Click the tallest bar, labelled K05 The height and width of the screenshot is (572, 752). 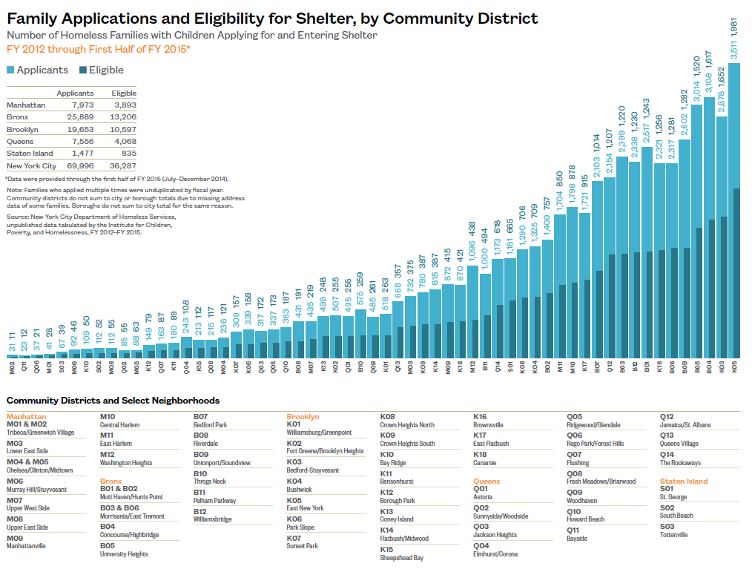click(x=734, y=223)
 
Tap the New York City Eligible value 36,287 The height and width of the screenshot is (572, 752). click(x=123, y=166)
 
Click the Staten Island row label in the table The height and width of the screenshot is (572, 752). click(x=28, y=154)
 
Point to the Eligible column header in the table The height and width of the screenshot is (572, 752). click(x=124, y=93)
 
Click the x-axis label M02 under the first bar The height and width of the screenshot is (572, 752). click(x=13, y=366)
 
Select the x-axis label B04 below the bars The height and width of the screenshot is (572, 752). click(x=709, y=366)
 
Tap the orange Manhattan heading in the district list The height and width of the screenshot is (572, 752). click(x=26, y=417)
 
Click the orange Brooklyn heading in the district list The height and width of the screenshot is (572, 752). click(x=303, y=417)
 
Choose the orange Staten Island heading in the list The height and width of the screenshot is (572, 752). click(x=684, y=481)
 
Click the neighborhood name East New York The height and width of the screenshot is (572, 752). click(x=305, y=508)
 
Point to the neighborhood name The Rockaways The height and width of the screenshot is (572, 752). click(x=680, y=463)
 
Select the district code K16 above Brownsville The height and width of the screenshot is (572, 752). click(x=480, y=417)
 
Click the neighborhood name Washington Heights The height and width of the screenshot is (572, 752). click(x=126, y=463)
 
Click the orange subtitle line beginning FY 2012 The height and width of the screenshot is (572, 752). click(x=99, y=49)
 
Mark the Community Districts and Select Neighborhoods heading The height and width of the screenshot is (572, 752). click(x=113, y=401)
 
